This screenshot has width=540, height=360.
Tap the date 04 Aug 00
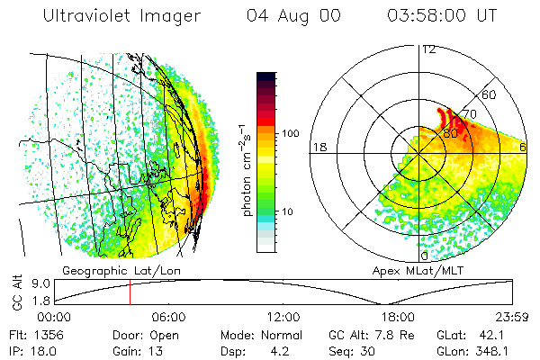300,16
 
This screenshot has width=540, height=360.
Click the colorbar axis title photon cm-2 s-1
247,166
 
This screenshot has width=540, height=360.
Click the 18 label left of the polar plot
318,147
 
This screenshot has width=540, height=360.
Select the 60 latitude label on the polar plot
490,94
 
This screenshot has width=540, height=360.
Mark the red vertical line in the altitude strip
130,292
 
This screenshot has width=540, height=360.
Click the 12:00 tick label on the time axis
283,317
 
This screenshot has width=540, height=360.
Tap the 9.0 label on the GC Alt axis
29,283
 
